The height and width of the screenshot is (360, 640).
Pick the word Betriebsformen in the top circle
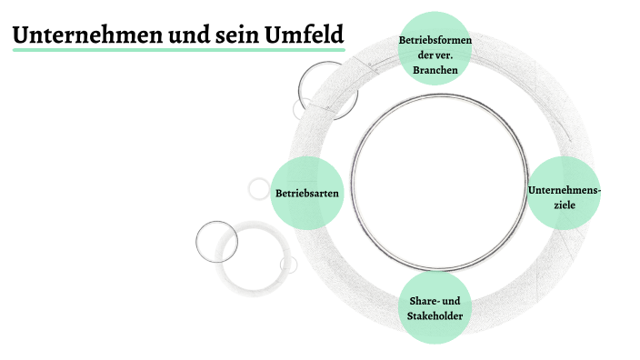[435, 40]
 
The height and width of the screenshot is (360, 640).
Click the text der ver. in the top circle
[435, 55]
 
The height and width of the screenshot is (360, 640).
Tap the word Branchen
[435, 69]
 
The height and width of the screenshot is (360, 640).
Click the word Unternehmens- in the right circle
[565, 190]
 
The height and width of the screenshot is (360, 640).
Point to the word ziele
[565, 205]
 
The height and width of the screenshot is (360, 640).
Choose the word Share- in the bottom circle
[420, 301]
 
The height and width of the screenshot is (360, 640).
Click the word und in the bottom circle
[449, 301]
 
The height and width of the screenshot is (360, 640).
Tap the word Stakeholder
[435, 315]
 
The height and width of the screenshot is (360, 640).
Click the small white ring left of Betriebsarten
[259, 188]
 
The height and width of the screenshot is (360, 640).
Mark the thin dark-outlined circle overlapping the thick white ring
[216, 241]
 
